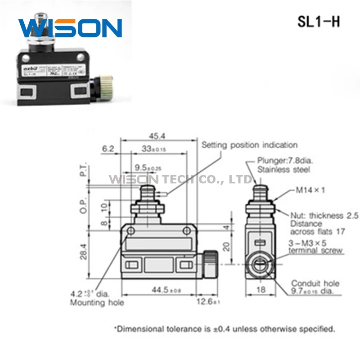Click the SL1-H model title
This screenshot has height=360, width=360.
(x=319, y=22)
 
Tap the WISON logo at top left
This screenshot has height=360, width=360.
(x=70, y=28)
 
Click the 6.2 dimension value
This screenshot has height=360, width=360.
(x=108, y=148)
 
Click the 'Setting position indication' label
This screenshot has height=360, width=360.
(x=249, y=145)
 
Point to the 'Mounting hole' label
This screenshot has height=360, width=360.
(x=97, y=302)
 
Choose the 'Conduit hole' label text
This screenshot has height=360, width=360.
(x=315, y=283)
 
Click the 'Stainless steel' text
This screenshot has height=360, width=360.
(x=283, y=170)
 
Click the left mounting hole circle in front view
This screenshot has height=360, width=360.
(x=131, y=231)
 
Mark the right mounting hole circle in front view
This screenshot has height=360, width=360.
(x=187, y=231)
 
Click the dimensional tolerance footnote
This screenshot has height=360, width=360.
(x=225, y=329)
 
